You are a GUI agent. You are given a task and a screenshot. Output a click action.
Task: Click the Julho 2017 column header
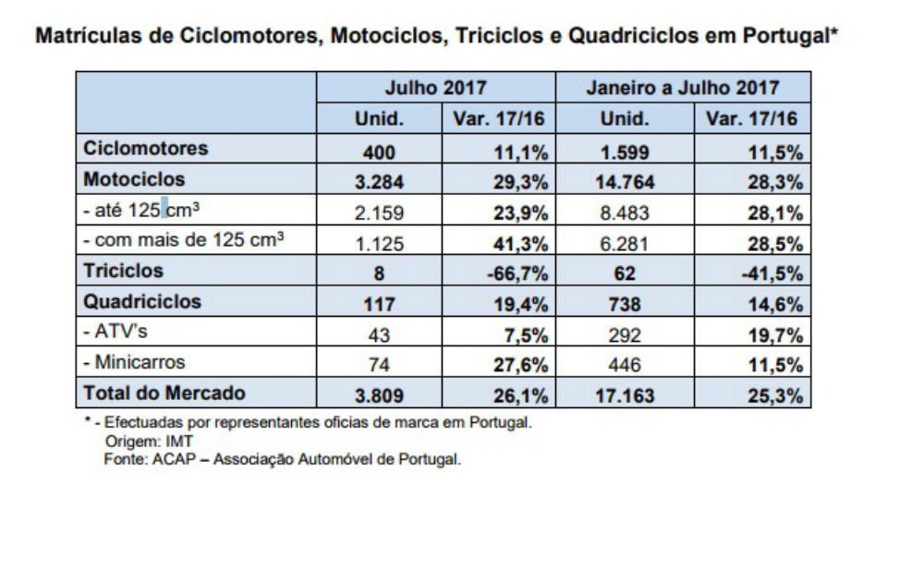click(435, 89)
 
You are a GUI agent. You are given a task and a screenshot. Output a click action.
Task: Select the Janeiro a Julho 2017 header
click(683, 89)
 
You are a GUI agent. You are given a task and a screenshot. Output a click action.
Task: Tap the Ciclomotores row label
click(146, 148)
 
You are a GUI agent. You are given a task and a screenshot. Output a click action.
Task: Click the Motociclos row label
click(134, 178)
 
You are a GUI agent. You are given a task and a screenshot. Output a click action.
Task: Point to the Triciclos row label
click(123, 271)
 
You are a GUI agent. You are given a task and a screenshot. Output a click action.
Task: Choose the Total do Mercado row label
click(164, 393)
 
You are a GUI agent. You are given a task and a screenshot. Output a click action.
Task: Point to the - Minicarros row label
click(134, 363)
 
